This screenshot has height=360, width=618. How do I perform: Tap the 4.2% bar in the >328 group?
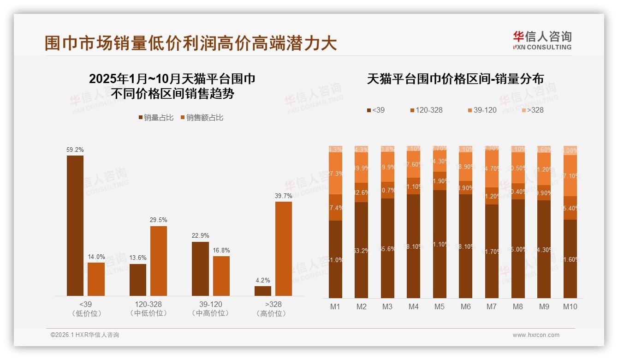pyautogui.click(x=263, y=291)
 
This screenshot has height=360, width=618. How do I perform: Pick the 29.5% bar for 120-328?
pyautogui.click(x=158, y=261)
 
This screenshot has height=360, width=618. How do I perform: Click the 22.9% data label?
pyautogui.click(x=200, y=235)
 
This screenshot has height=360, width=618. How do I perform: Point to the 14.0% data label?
pyautogui.click(x=96, y=257)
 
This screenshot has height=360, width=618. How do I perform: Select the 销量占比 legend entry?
pyautogui.click(x=155, y=118)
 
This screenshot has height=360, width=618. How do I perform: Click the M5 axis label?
pyautogui.click(x=439, y=306)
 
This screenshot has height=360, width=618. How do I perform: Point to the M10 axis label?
pyautogui.click(x=570, y=306)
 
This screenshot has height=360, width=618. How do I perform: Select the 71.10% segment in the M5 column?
pyautogui.click(x=440, y=244)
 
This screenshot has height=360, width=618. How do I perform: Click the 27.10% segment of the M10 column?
pyautogui.click(x=570, y=175)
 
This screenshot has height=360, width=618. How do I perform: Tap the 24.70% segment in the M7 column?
pyautogui.click(x=492, y=169)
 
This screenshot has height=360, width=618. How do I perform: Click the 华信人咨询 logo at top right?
pyautogui.click(x=542, y=40)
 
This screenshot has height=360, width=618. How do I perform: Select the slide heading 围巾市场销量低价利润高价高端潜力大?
pyautogui.click(x=190, y=43)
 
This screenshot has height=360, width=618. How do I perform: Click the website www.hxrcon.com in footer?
pyautogui.click(x=535, y=335)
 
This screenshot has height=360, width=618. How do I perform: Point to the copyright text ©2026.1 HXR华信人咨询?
pyautogui.click(x=84, y=335)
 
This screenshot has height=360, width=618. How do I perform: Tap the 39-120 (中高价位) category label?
pyautogui.click(x=210, y=309)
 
